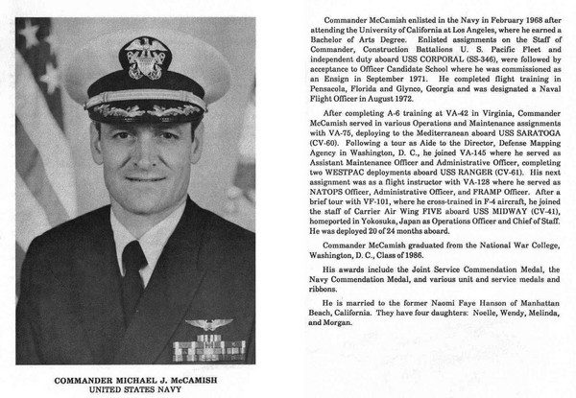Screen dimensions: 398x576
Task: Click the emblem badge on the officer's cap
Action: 146,58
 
